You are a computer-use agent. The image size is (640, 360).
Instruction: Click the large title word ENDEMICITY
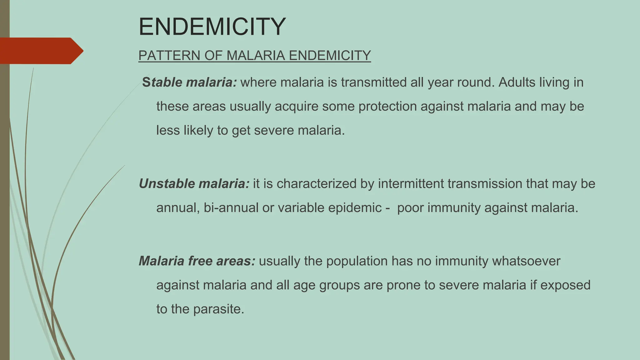tap(212, 27)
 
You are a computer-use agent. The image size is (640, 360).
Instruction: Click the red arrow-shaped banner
tap(41, 51)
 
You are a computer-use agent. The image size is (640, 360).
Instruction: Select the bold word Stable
tap(162, 82)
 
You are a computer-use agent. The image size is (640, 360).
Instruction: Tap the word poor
tap(410, 208)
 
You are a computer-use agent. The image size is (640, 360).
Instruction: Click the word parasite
tap(218, 309)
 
